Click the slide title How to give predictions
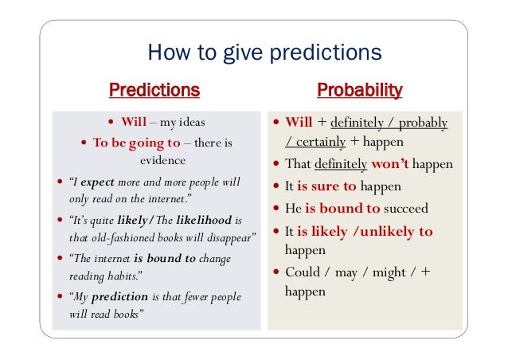[265, 53]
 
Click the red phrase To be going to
[137, 143]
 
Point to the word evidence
[157, 158]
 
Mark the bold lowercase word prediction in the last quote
[120, 297]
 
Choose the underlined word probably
[423, 123]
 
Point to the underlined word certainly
[316, 142]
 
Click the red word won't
[389, 164]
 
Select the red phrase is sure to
[326, 187]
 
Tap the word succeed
[406, 209]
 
